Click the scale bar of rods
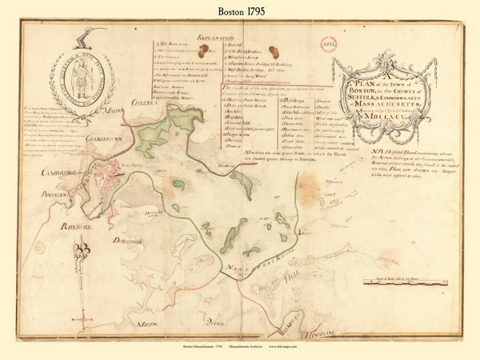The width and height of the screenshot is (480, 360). point(400,282)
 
